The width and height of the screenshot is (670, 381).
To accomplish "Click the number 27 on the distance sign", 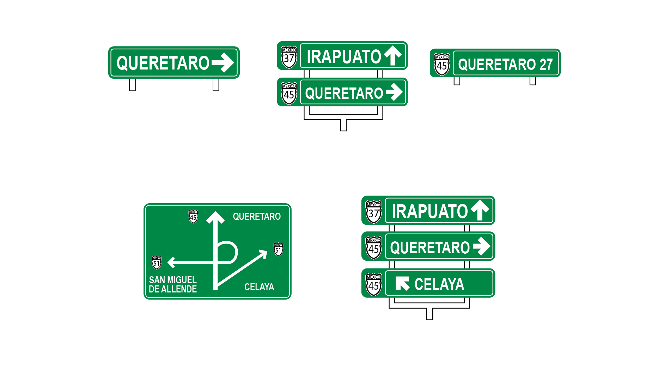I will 546,65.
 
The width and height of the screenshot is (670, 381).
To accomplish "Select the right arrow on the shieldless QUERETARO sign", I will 223,63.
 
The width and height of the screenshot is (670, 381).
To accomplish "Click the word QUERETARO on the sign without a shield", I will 163,63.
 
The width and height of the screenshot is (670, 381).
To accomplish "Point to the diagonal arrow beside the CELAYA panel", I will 402,283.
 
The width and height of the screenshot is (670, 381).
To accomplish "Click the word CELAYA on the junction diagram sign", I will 259,287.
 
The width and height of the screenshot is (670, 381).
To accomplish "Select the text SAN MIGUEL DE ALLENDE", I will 173,284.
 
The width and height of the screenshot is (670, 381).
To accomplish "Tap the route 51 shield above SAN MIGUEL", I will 157,262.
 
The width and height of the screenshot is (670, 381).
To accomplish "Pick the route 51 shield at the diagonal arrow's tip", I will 279,249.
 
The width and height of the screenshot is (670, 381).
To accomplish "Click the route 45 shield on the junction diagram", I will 193,217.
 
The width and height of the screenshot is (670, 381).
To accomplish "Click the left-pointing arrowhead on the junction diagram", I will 171,262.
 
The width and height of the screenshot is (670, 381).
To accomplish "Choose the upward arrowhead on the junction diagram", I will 215,217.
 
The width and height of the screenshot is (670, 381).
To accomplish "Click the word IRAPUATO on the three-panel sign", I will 430,211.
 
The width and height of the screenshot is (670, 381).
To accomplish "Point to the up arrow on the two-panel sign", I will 393,55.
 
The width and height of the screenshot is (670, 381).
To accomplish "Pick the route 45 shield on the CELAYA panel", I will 374,284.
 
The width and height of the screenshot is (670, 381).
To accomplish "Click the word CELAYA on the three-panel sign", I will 439,284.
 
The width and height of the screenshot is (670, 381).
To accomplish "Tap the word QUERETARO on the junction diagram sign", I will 257,216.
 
